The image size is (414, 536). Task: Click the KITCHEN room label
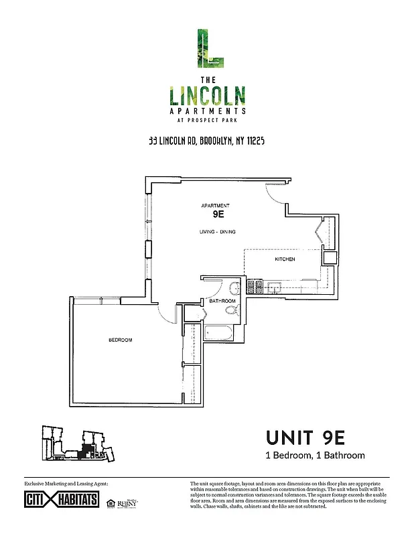[x=285, y=259]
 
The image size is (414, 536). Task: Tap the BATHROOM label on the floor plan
[x=222, y=301]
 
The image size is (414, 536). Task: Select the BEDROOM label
[x=121, y=340]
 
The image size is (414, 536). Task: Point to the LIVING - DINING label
[x=217, y=232]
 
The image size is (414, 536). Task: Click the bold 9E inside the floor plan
[x=217, y=215]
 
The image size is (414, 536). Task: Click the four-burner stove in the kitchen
[x=255, y=287]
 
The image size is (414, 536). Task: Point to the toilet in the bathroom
[x=234, y=289]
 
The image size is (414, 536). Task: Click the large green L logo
[x=206, y=48]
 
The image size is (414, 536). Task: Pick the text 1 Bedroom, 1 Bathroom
[x=315, y=456]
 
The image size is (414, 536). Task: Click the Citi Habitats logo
[x=61, y=500]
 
